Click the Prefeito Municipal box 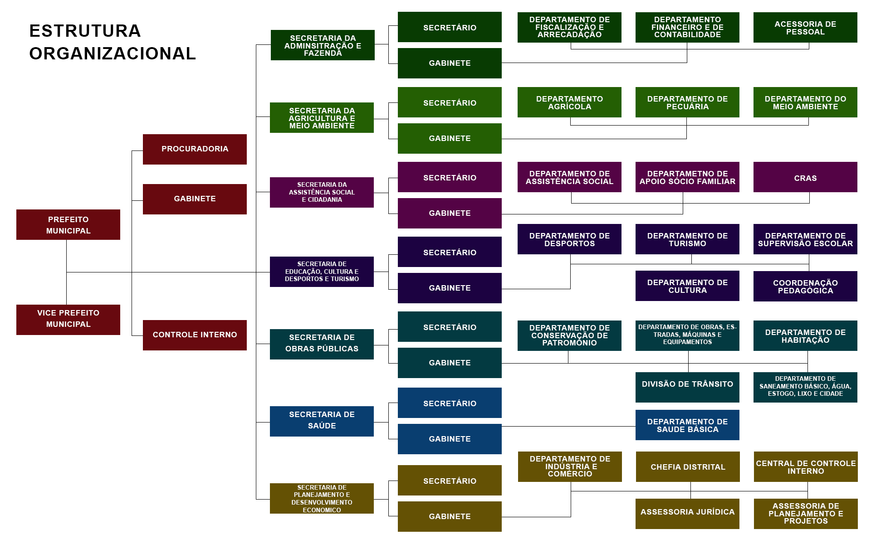pyautogui.click(x=68, y=224)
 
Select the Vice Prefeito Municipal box pyautogui.click(x=68, y=320)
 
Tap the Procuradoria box pyautogui.click(x=195, y=149)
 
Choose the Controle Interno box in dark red pyautogui.click(x=195, y=335)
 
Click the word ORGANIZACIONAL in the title pyautogui.click(x=113, y=53)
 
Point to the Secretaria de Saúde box pyautogui.click(x=322, y=421)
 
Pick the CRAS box pyautogui.click(x=805, y=177)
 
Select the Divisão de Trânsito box pyautogui.click(x=687, y=387)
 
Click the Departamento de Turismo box pyautogui.click(x=687, y=239)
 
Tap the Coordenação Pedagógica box pyautogui.click(x=805, y=286)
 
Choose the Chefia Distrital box pyautogui.click(x=688, y=466)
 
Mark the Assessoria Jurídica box pyautogui.click(x=687, y=514)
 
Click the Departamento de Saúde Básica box pyautogui.click(x=687, y=425)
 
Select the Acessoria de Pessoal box pyautogui.click(x=805, y=27)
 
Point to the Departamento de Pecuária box pyautogui.click(x=687, y=102)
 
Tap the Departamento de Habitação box pyautogui.click(x=805, y=335)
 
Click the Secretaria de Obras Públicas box pyautogui.click(x=322, y=344)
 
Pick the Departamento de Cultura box pyautogui.click(x=687, y=286)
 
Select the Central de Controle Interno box pyautogui.click(x=806, y=466)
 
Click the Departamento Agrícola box pyautogui.click(x=569, y=102)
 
